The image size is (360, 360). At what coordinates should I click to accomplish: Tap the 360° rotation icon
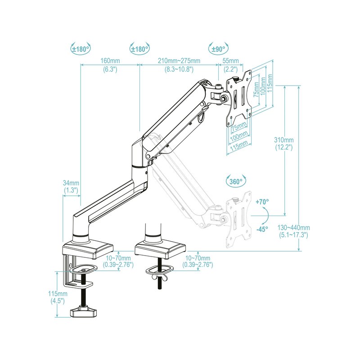(x=235, y=182)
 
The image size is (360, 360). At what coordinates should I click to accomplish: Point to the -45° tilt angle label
(x=262, y=229)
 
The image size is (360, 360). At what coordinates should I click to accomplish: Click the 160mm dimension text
(x=110, y=61)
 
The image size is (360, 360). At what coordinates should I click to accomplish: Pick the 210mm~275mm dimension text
(x=179, y=61)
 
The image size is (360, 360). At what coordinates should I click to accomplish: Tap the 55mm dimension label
(x=230, y=61)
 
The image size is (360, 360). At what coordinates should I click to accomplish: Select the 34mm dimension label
(x=71, y=183)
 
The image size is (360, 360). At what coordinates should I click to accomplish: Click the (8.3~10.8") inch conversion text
(x=179, y=69)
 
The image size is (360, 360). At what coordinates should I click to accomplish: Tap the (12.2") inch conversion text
(x=284, y=147)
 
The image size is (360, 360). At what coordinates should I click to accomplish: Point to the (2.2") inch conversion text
(x=230, y=69)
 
